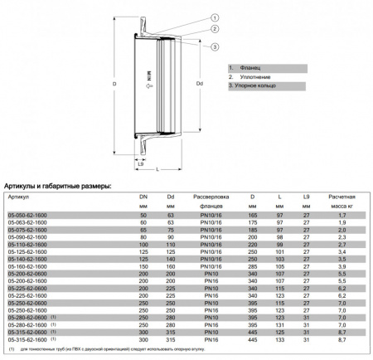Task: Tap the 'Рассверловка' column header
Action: (x=211, y=197)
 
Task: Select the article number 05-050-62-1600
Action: (x=27, y=215)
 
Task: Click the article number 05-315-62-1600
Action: (x=27, y=339)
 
